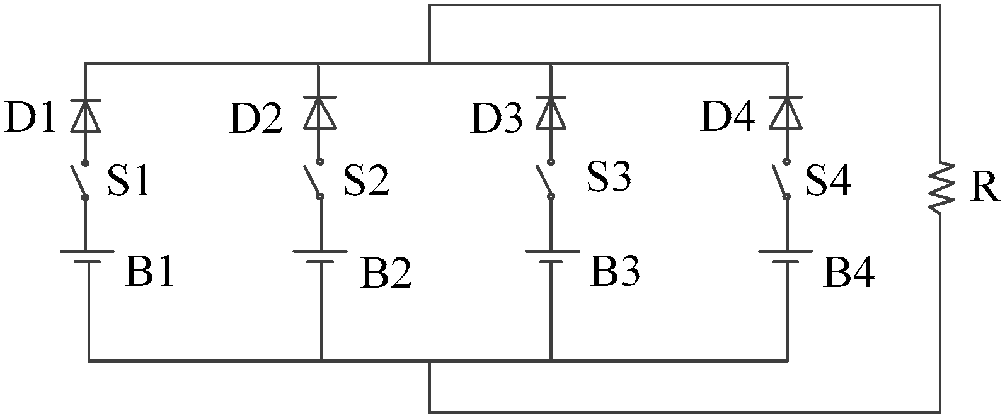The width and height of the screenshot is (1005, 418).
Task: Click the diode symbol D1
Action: (86, 115)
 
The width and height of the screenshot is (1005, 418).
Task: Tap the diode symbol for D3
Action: (551, 112)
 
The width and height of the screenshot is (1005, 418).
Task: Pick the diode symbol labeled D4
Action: (786, 112)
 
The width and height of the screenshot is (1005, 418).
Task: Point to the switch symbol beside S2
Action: (314, 179)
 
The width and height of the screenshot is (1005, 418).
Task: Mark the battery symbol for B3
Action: (551, 257)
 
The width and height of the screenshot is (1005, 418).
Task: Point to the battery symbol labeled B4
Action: (785, 257)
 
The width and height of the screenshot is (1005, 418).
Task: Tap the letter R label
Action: (984, 188)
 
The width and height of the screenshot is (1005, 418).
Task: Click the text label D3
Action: (497, 118)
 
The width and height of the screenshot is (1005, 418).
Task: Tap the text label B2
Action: (386, 273)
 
